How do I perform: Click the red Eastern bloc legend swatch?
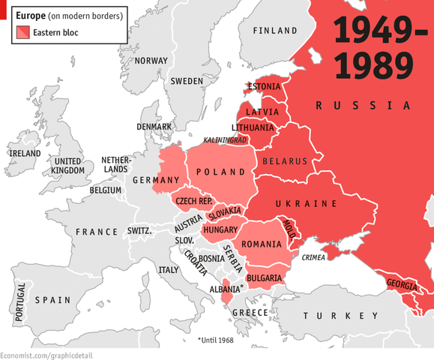coord(22,32)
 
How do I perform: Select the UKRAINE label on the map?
coord(306,204)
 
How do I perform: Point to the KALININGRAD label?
coord(225,140)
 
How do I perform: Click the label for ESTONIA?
coord(264,86)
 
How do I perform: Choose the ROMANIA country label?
coord(261,244)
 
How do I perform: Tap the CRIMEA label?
coord(313,258)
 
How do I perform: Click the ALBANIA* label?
coord(226,289)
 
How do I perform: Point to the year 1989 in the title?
coord(373,64)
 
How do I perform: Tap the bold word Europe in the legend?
coord(31,15)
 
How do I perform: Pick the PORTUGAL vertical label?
coord(20,302)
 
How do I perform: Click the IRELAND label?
coord(24,153)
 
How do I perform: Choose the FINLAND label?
coord(275,31)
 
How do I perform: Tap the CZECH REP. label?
coord(194,202)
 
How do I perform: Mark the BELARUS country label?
coord(285,161)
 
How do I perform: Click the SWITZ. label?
coord(139,231)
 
